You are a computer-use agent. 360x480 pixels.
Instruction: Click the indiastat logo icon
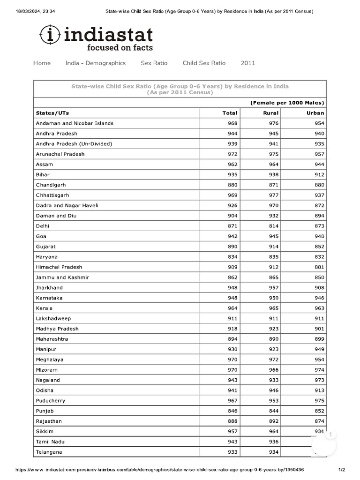click(x=50, y=35)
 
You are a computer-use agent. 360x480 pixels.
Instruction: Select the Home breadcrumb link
click(x=42, y=63)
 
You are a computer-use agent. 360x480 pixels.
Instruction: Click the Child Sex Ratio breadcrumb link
click(x=204, y=63)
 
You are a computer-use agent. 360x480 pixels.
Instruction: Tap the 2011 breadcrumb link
click(x=248, y=63)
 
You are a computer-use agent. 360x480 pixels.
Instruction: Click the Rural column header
click(x=271, y=113)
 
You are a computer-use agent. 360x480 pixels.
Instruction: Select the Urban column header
click(x=315, y=113)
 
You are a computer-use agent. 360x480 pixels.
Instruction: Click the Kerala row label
click(x=44, y=308)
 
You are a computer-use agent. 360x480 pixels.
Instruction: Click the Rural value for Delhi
click(x=273, y=226)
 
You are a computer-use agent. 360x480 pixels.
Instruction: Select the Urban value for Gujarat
click(x=319, y=247)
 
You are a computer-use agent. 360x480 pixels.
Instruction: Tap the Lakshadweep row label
click(x=53, y=319)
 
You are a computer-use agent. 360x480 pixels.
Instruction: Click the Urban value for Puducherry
click(x=319, y=401)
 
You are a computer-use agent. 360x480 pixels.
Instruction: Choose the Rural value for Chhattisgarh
click(x=273, y=195)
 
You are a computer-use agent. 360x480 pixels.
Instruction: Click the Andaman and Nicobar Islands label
click(x=75, y=123)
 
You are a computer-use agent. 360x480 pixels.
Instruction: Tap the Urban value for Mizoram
click(x=319, y=370)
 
